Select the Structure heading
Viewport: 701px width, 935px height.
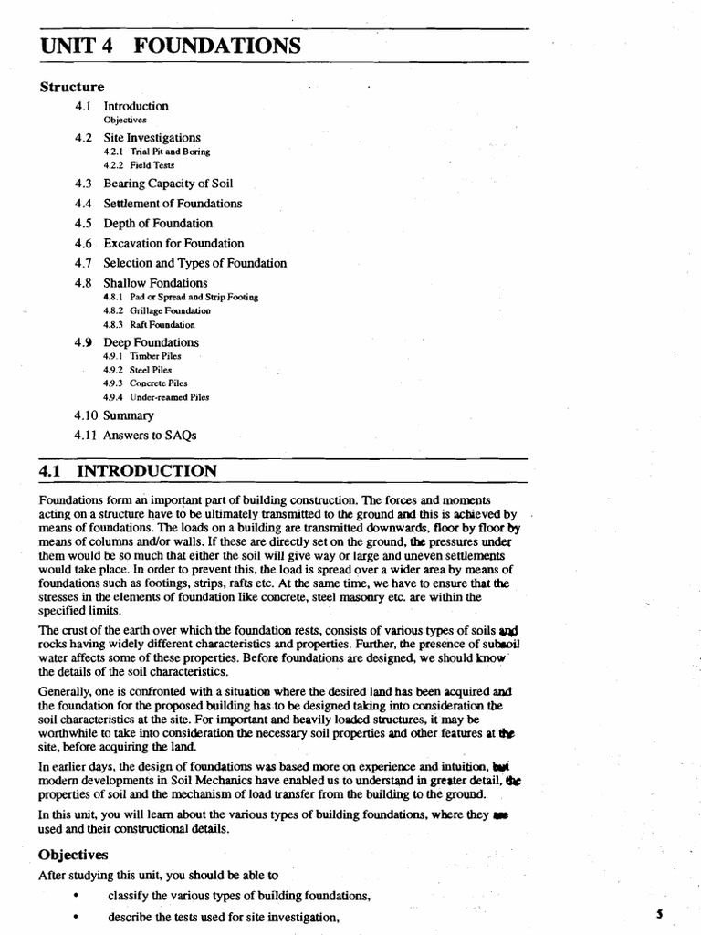coord(72,87)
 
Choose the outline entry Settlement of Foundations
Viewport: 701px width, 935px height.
coord(173,204)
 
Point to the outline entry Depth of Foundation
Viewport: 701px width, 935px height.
coord(158,224)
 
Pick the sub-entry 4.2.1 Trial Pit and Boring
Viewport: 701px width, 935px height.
coord(156,152)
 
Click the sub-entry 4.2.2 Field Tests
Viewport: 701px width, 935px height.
coord(138,165)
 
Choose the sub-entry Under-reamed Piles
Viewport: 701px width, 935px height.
coord(156,397)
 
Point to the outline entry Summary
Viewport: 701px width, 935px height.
coord(129,415)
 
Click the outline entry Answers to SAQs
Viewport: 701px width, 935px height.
coord(150,436)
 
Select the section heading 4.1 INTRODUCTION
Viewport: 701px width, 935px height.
coord(129,471)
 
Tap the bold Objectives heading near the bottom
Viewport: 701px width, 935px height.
coord(73,855)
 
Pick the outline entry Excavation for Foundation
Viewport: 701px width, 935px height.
coord(173,244)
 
